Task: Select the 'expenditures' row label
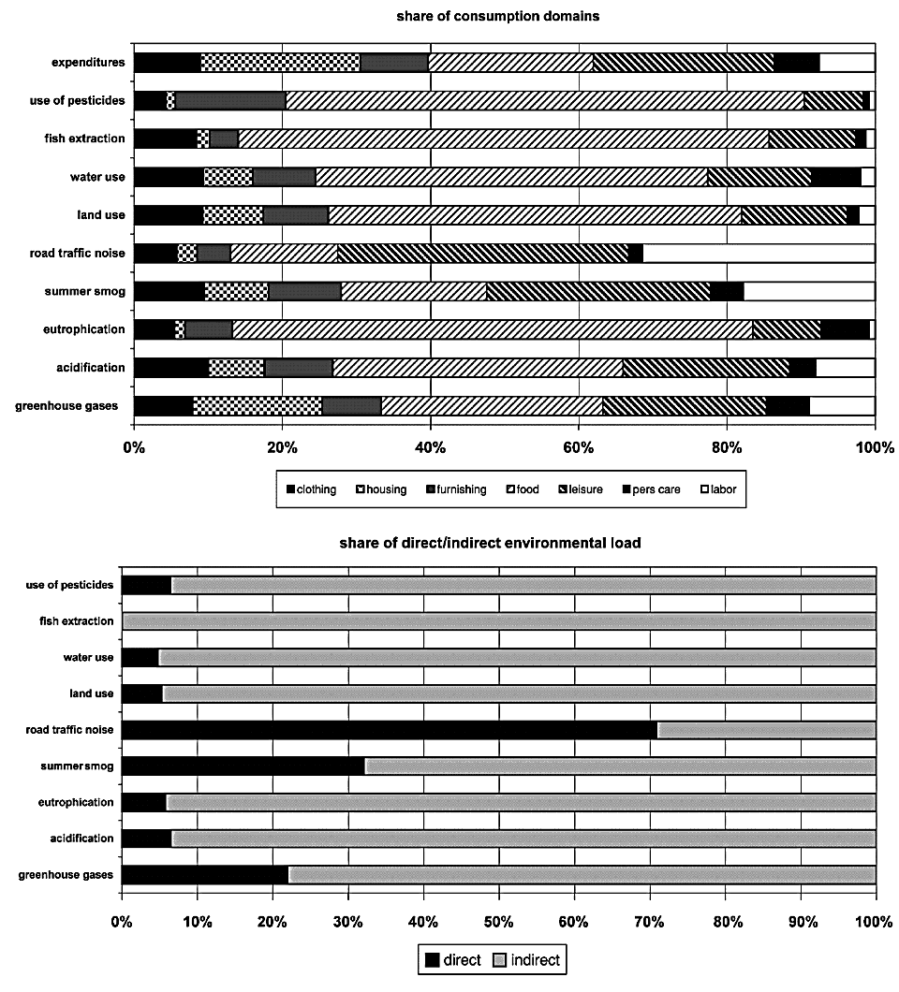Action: (89, 63)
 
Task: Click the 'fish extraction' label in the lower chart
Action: (77, 620)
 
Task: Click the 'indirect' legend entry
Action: (530, 960)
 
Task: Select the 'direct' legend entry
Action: (459, 960)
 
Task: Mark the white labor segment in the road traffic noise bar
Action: (759, 253)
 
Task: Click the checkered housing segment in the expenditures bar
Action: (280, 63)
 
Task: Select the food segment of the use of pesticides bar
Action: (543, 100)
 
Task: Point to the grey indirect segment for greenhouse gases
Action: (581, 874)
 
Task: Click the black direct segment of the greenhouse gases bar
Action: (205, 874)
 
